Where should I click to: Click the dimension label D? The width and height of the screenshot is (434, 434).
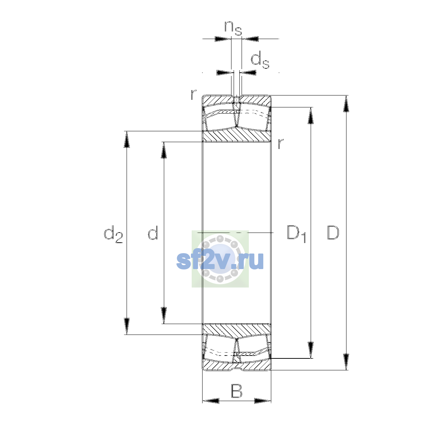click(333, 232)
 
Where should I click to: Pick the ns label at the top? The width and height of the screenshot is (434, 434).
click(233, 29)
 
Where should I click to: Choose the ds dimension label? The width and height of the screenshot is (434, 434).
click(260, 60)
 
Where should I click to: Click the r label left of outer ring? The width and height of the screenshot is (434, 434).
click(193, 95)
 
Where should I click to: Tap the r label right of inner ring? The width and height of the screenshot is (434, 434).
click(281, 144)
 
